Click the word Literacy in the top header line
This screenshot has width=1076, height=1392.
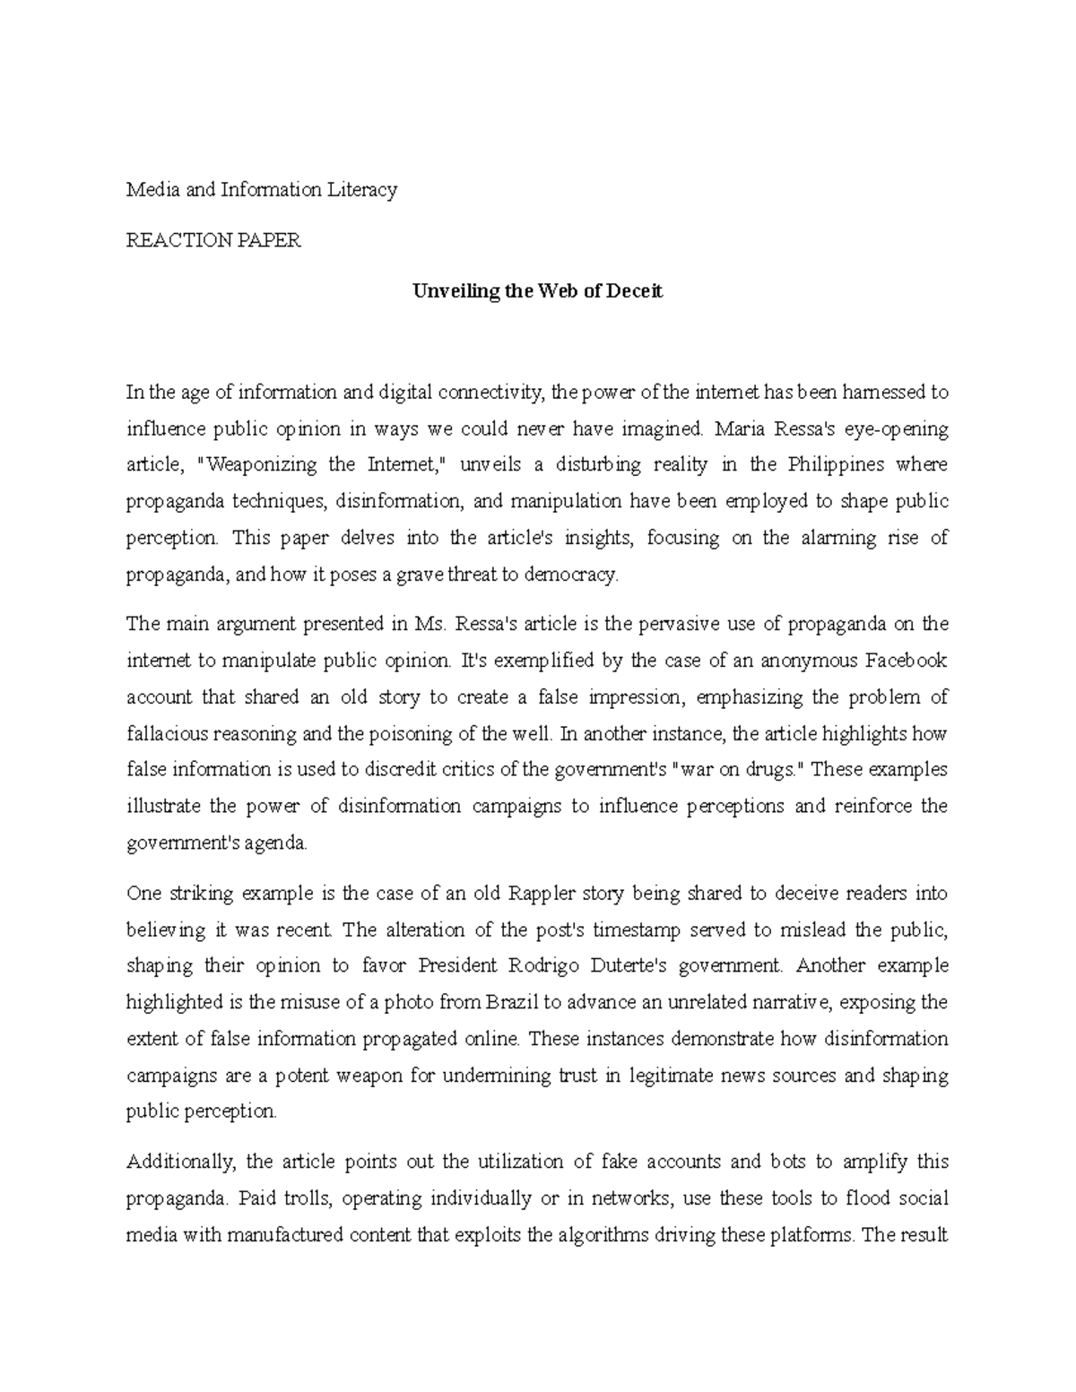363,190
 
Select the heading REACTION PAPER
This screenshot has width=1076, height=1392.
213,240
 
